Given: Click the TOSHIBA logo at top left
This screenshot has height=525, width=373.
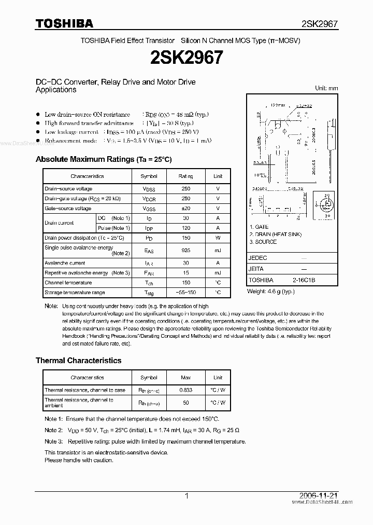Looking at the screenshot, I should pyautogui.click(x=64, y=23).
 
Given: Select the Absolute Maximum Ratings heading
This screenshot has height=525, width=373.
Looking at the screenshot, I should pyautogui.click(x=103, y=159).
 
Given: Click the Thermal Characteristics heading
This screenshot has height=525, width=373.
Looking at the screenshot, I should pyautogui.click(x=78, y=360).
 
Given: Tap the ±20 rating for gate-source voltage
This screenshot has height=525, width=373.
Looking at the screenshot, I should pyautogui.click(x=185, y=209).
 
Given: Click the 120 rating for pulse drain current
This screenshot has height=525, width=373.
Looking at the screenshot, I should pyautogui.click(x=185, y=228).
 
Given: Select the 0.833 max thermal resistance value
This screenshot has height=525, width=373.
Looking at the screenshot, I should pyautogui.click(x=185, y=390).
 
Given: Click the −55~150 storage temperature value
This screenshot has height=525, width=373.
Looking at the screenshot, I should pyautogui.click(x=185, y=293).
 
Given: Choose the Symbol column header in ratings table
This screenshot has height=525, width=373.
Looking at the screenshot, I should pyautogui.click(x=149, y=176).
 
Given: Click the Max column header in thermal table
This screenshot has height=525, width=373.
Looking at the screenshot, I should pyautogui.click(x=185, y=378).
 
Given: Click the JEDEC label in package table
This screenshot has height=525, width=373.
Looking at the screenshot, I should pyautogui.click(x=257, y=258).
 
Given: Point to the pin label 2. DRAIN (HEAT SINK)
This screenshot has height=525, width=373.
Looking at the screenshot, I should pyautogui.click(x=275, y=234).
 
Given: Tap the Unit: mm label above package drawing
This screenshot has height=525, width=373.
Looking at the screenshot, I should pyautogui.click(x=326, y=88).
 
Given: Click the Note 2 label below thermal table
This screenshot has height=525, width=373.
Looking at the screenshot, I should pyautogui.click(x=53, y=430).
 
